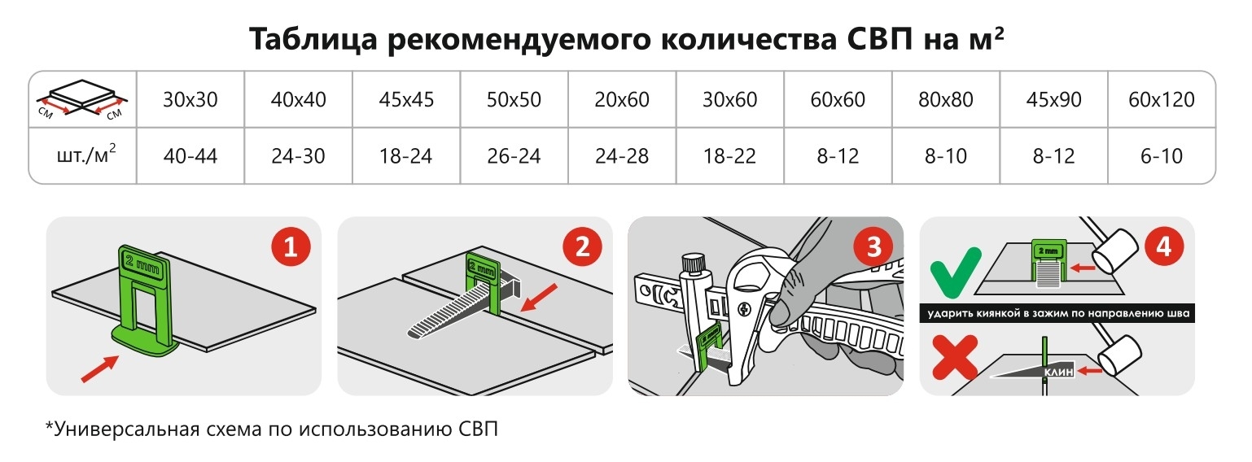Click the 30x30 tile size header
pyautogui.click(x=190, y=99)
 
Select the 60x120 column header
pyautogui.click(x=1161, y=99)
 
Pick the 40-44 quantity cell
pyautogui.click(x=190, y=156)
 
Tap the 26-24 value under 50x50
pyautogui.click(x=514, y=156)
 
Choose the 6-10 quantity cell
pyautogui.click(x=1161, y=156)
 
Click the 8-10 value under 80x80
pyautogui.click(x=945, y=156)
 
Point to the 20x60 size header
pyautogui.click(x=622, y=99)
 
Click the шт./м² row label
pyautogui.click(x=86, y=155)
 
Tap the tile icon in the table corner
pyautogui.click(x=82, y=99)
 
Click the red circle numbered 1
pyautogui.click(x=291, y=246)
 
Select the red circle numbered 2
pyautogui.click(x=582, y=246)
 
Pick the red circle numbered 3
pyautogui.click(x=873, y=246)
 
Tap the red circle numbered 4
pyautogui.click(x=1164, y=246)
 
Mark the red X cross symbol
pyautogui.click(x=955, y=358)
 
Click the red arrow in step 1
pyautogui.click(x=100, y=368)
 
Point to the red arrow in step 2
pyautogui.click(x=539, y=297)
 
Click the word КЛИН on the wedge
pyautogui.click(x=1058, y=372)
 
